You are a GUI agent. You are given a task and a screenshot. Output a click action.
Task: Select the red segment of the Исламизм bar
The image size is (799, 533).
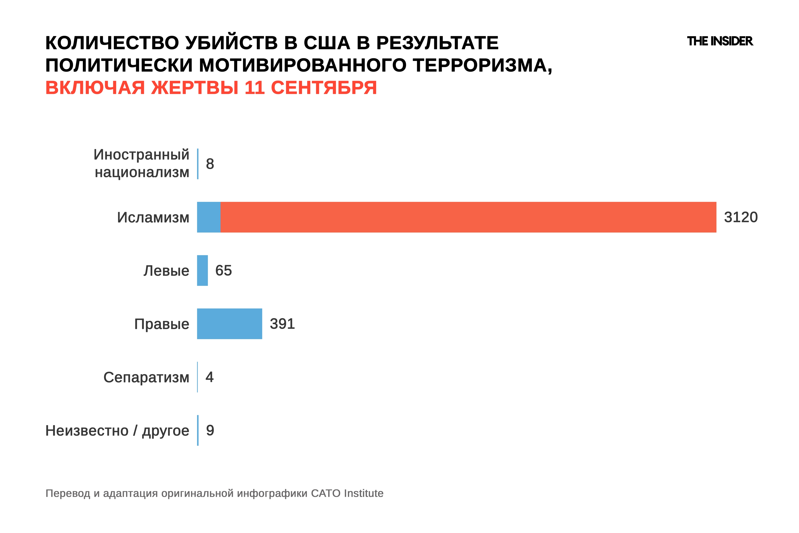click(468, 217)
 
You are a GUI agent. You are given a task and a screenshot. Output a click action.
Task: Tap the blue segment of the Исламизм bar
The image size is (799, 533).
click(208, 217)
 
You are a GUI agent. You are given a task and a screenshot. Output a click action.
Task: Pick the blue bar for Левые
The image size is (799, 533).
click(202, 271)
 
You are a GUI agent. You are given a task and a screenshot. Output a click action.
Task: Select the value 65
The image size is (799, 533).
click(223, 271)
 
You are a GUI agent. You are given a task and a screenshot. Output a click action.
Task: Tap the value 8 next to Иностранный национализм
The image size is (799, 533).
click(210, 164)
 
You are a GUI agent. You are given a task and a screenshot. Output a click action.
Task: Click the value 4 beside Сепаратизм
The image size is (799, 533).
click(210, 377)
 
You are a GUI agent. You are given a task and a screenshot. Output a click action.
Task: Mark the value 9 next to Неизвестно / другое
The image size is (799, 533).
click(210, 430)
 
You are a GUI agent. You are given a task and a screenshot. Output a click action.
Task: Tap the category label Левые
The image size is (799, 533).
click(166, 271)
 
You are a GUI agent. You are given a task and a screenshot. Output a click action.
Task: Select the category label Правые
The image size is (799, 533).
click(162, 324)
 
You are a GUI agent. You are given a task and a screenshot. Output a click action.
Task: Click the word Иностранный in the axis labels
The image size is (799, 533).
click(141, 155)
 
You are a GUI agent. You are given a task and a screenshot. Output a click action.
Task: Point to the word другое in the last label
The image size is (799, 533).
click(165, 431)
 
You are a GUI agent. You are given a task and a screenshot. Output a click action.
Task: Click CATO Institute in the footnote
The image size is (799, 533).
click(347, 493)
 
